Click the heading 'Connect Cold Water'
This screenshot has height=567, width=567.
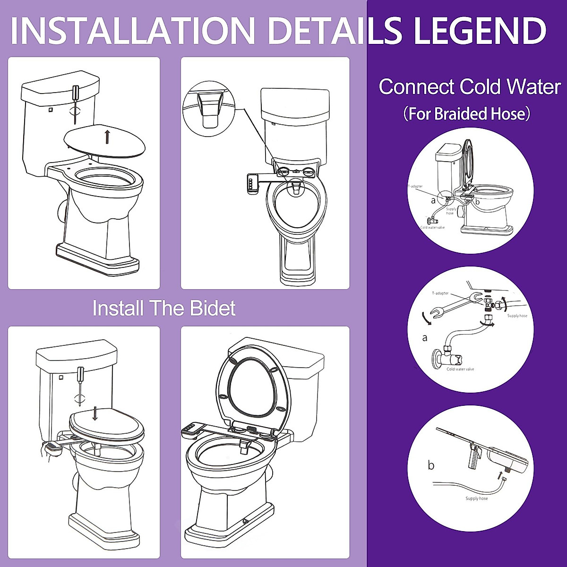click(x=469, y=87)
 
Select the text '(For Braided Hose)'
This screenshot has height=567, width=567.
click(x=467, y=114)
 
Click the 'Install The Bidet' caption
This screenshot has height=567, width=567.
click(x=163, y=308)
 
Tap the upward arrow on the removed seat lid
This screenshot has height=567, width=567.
click(x=107, y=137)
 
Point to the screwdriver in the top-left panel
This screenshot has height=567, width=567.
click(x=75, y=99)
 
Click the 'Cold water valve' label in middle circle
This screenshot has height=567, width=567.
click(x=460, y=369)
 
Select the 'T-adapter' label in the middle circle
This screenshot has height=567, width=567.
click(x=440, y=293)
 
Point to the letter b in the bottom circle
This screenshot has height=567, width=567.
click(x=431, y=465)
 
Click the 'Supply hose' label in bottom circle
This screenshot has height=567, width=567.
click(x=476, y=498)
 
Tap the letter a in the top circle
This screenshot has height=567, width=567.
click(x=433, y=200)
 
